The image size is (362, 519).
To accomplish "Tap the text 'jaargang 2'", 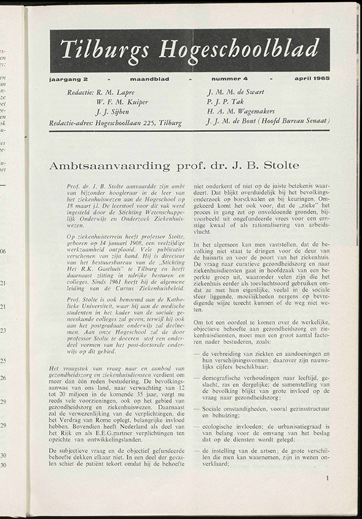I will point(66,80).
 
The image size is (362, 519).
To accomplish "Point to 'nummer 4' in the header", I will point(229,80).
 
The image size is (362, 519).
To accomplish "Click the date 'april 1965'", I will point(311,80).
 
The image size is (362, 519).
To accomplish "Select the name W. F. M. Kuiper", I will point(122,102).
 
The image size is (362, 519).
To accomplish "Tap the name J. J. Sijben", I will point(115,112).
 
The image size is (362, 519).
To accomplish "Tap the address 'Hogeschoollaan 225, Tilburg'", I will point(138,122).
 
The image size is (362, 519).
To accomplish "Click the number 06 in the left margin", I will point(3,252).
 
